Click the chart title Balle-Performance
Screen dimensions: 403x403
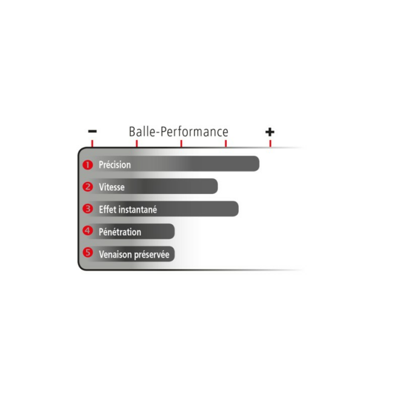click(x=178, y=132)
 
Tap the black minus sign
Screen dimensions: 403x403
click(x=92, y=132)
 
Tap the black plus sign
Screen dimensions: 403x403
click(x=270, y=132)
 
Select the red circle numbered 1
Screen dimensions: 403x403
click(x=88, y=165)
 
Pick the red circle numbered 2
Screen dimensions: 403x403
click(x=88, y=187)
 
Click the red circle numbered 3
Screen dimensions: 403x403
click(x=88, y=208)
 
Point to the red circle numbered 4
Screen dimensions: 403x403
click(x=88, y=230)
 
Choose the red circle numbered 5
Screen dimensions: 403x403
click(x=88, y=253)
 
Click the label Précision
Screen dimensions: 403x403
click(x=115, y=165)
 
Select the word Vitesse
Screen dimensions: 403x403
click(x=112, y=187)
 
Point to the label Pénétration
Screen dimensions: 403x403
click(x=120, y=232)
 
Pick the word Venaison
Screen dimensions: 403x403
click(x=115, y=255)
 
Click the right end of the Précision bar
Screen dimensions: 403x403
click(x=259, y=164)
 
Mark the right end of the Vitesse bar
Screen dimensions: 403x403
click(x=218, y=186)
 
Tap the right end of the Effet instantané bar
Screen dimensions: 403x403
click(x=238, y=208)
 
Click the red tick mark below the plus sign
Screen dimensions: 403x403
click(x=270, y=144)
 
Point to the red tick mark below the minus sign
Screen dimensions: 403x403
click(x=92, y=144)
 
